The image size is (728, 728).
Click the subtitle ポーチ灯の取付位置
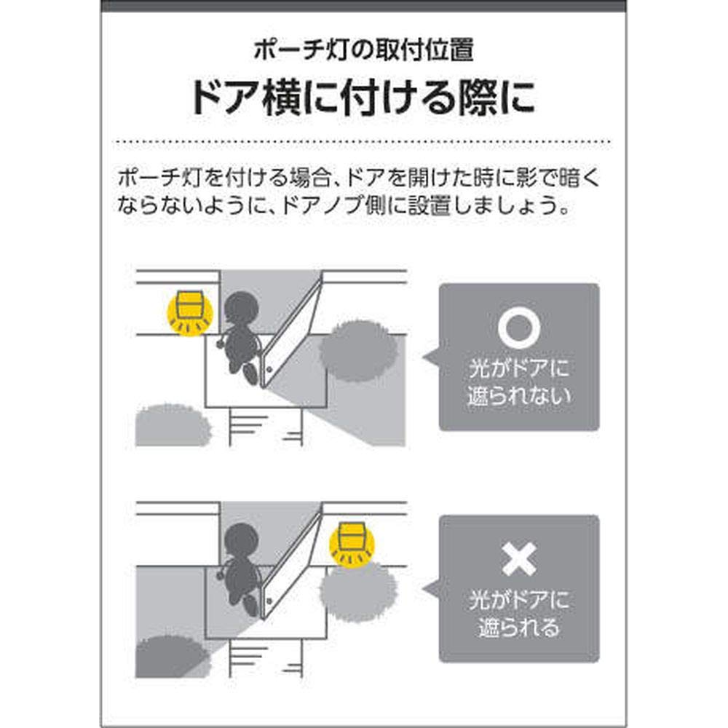click(363, 51)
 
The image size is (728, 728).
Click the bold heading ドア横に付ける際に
click(363, 100)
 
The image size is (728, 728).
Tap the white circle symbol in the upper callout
click(518, 329)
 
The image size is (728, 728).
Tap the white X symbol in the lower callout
click(518, 558)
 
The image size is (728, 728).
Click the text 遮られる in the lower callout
click(519, 628)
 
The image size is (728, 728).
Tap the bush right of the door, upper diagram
click(359, 350)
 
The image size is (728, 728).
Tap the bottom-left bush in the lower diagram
click(172, 655)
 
